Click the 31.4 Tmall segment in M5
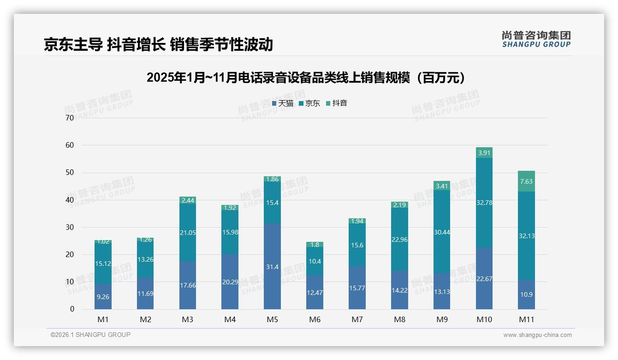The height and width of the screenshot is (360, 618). pyautogui.click(x=272, y=266)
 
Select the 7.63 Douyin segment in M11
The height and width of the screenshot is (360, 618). pyautogui.click(x=526, y=181)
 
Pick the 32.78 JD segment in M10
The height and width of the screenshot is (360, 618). pyautogui.click(x=484, y=203)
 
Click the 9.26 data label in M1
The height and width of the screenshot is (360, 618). pyautogui.click(x=103, y=297)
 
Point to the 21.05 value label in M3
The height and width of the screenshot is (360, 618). pyautogui.click(x=188, y=233)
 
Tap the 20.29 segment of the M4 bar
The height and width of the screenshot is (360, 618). pyautogui.click(x=230, y=282)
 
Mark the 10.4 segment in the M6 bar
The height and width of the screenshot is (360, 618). pyautogui.click(x=315, y=261)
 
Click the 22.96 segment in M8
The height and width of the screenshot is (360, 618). pyautogui.click(x=399, y=239)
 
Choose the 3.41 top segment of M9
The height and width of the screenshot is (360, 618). pyautogui.click(x=442, y=186)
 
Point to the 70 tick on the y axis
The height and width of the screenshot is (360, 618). pyautogui.click(x=70, y=118)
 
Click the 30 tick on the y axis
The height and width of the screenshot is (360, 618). pyautogui.click(x=70, y=227)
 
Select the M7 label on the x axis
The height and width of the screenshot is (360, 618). pyautogui.click(x=357, y=319)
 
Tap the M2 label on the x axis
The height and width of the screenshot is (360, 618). pyautogui.click(x=145, y=319)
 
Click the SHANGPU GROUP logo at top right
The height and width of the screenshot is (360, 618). pyautogui.click(x=536, y=39)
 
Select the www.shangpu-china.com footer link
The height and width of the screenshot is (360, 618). pyautogui.click(x=537, y=335)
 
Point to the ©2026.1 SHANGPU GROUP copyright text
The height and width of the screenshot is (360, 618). pyautogui.click(x=90, y=335)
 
